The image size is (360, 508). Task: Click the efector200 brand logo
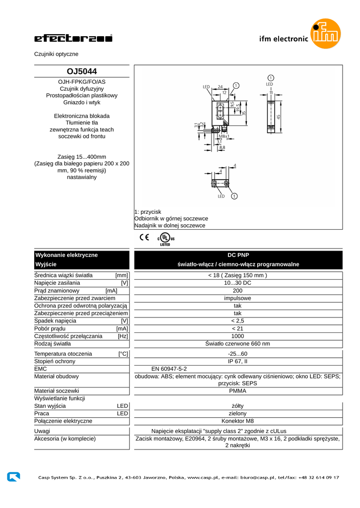pyautogui.click(x=73, y=39)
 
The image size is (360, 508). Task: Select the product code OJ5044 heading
pyautogui.click(x=81, y=71)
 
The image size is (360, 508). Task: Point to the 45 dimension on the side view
pyautogui.click(x=279, y=117)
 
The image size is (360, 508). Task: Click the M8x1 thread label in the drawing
pyautogui.click(x=224, y=136)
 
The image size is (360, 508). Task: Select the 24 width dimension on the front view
pyautogui.click(x=220, y=87)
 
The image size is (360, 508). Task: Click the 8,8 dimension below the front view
pyautogui.click(x=221, y=147)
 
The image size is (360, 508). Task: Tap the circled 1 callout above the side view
pyautogui.click(x=270, y=78)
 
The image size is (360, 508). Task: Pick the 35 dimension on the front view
pyautogui.click(x=244, y=113)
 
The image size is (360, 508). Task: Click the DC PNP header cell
pyautogui.click(x=238, y=255)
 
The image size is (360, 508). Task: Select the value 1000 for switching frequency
pyautogui.click(x=238, y=336)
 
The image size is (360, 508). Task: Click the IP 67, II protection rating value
pyautogui.click(x=238, y=361)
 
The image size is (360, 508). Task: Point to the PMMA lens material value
pyautogui.click(x=238, y=390)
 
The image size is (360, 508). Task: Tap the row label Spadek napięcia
pyautogui.click(x=55, y=320)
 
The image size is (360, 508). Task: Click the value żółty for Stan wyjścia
pyautogui.click(x=238, y=406)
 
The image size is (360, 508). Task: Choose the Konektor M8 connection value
pyautogui.click(x=238, y=421)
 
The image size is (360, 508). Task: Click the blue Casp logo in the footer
pyautogui.click(x=13, y=477)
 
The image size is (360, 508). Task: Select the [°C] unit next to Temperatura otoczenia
pyautogui.click(x=123, y=354)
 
